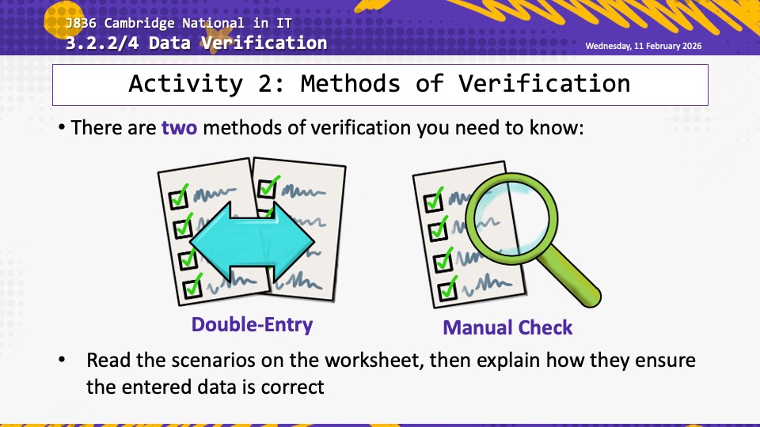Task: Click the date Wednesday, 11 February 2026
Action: click(643, 46)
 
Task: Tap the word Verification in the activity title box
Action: click(545, 84)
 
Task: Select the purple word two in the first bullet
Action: click(180, 128)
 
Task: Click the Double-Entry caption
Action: click(252, 324)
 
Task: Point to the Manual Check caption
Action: click(507, 327)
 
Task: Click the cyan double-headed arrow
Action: click(252, 242)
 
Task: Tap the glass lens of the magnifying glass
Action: click(511, 218)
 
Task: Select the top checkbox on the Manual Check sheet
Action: click(433, 202)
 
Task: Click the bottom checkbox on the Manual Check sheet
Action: click(446, 291)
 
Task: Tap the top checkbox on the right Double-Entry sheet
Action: click(267, 188)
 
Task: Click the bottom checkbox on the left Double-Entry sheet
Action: click(193, 288)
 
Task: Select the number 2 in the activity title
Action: click(266, 84)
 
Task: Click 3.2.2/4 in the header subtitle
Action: click(102, 43)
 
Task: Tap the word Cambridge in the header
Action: click(139, 23)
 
